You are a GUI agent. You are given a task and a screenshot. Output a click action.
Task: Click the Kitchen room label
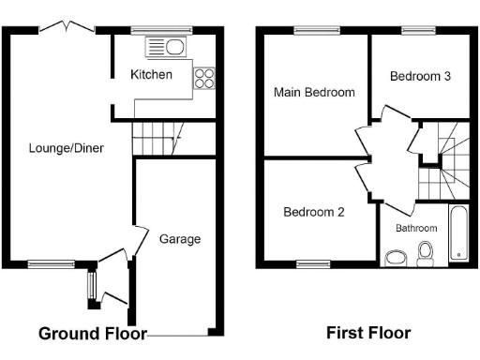pos(151,74)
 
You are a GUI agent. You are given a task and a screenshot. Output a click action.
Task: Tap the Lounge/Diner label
pos(66,148)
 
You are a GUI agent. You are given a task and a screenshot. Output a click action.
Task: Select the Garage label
pos(179,239)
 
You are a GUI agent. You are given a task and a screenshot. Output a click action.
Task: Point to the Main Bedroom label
pos(314,93)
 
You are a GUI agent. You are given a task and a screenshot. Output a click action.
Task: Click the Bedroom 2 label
pos(314,212)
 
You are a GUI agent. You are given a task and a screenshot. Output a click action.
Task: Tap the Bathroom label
pos(415,228)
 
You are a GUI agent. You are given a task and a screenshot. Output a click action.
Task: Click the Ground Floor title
pos(92,333)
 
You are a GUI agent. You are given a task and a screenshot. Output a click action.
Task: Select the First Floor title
pos(367,333)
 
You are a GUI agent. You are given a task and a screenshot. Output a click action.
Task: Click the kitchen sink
pos(165,47)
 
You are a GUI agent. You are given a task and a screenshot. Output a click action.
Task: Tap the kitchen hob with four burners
pos(204,80)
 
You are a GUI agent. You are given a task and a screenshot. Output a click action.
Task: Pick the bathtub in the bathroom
pos(457,232)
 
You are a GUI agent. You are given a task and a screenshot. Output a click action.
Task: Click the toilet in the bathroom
pos(425,252)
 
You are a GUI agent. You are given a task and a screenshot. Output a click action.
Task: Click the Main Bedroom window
pos(308,32)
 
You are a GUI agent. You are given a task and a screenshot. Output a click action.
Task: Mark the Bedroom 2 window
pos(313,263)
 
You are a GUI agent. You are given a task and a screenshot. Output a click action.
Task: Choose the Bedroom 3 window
pos(414,32)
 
